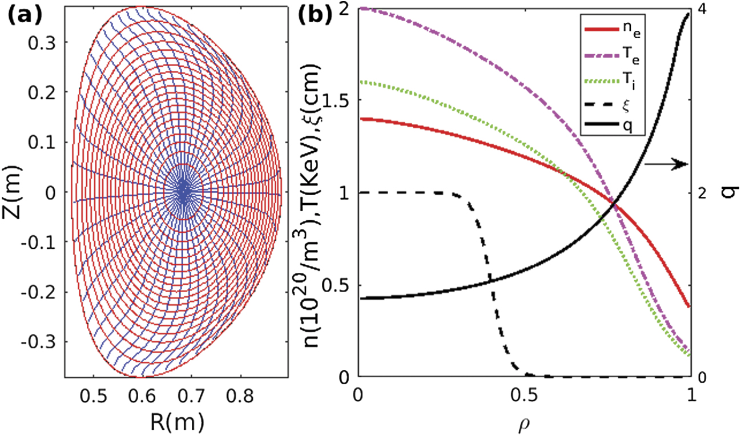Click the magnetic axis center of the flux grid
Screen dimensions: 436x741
183,193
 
